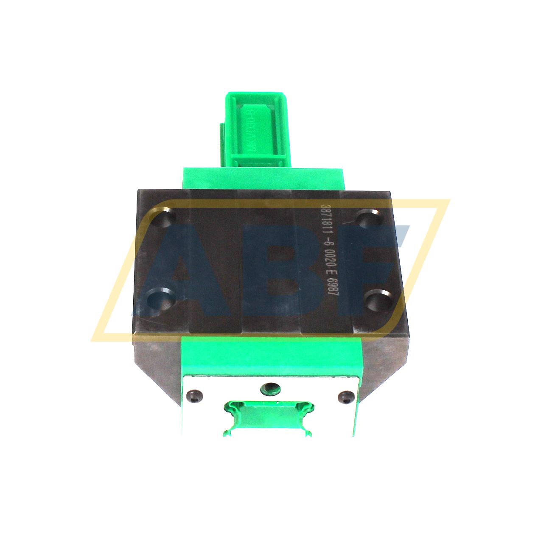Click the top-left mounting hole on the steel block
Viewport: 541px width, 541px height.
coord(163,219)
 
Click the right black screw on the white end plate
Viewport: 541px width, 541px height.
coord(346,398)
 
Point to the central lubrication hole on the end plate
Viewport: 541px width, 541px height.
coord(270,387)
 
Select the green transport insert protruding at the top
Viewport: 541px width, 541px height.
coord(255,129)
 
